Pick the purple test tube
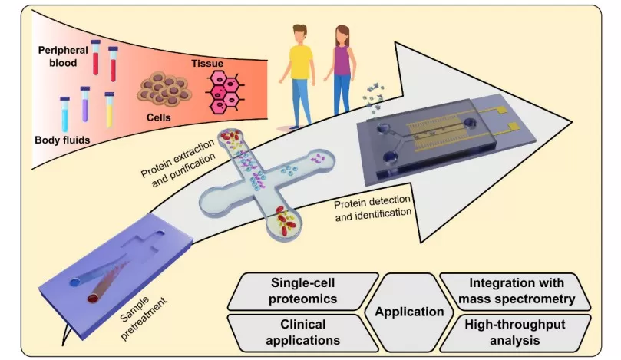click(x=86, y=106)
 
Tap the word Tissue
click(x=205, y=59)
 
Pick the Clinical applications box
click(x=299, y=332)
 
